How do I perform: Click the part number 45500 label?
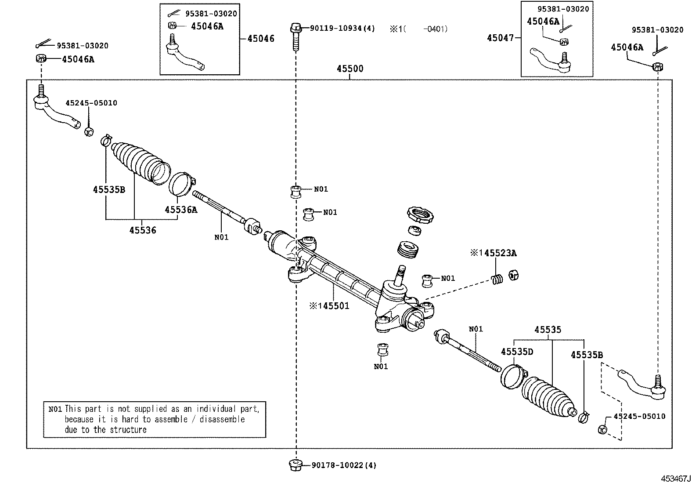(x=349, y=69)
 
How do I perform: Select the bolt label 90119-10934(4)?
(x=342, y=29)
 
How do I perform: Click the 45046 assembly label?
(x=260, y=39)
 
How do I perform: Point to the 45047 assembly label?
(x=500, y=38)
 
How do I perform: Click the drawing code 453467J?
(x=677, y=478)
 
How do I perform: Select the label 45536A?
(x=181, y=210)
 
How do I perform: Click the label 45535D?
(x=517, y=352)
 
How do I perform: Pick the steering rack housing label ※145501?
(x=329, y=305)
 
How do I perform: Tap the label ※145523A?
(x=493, y=253)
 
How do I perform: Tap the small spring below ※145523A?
(x=497, y=279)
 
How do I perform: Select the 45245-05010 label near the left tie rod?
(x=91, y=103)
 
